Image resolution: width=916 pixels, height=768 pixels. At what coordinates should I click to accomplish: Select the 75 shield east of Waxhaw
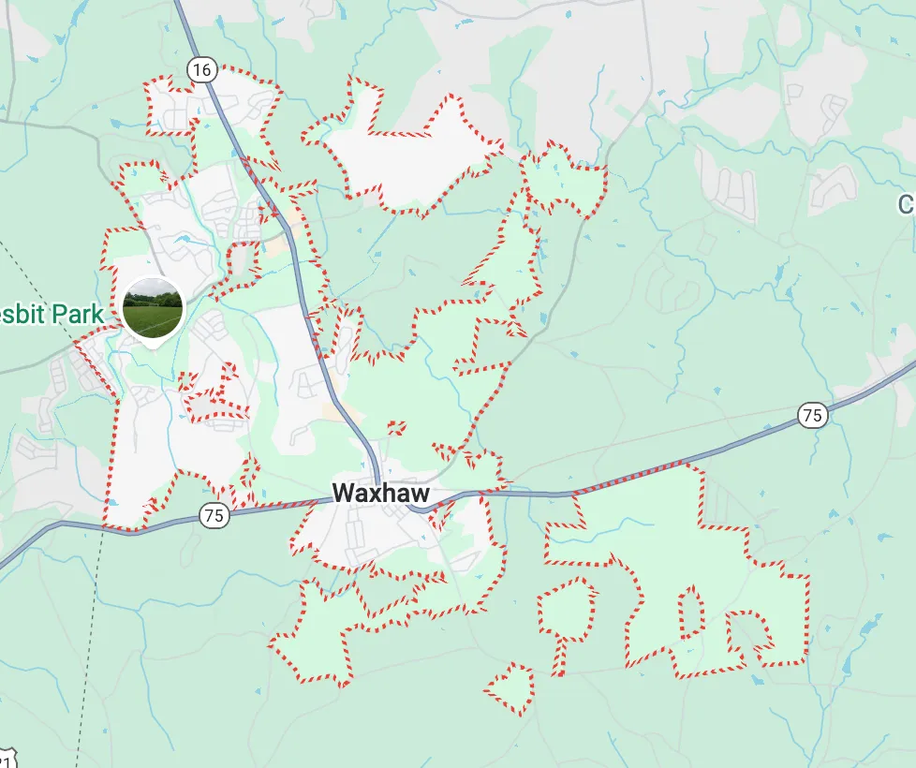tap(813, 415)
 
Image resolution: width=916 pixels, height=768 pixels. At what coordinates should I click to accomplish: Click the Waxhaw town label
tap(380, 494)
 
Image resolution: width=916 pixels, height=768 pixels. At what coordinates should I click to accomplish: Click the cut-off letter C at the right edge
tap(907, 204)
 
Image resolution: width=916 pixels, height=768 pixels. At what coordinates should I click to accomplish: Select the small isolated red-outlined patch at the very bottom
tap(510, 689)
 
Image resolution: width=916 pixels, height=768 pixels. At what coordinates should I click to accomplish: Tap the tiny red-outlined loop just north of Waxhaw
tap(396, 428)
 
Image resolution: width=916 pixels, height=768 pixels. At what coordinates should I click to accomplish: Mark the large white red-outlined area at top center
tap(412, 155)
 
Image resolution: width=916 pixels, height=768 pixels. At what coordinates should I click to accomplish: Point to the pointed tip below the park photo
tap(153, 346)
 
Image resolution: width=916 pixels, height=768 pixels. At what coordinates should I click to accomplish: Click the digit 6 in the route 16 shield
tap(207, 68)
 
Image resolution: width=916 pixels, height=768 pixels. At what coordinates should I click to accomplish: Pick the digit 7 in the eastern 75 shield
tap(808, 415)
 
